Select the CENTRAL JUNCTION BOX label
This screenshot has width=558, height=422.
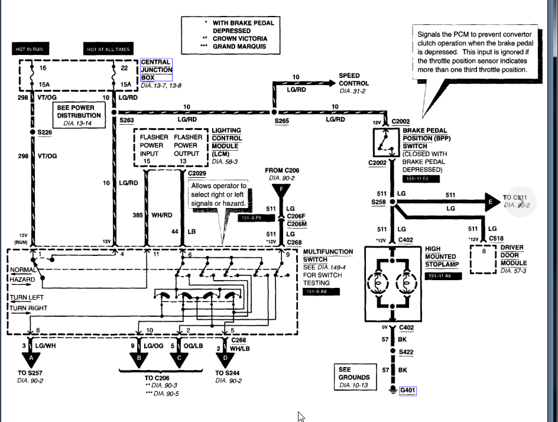(x=156, y=70)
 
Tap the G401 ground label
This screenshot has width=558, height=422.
(x=408, y=391)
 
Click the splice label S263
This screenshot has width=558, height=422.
(x=127, y=120)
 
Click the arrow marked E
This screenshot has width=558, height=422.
(x=489, y=202)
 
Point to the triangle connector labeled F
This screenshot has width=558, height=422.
(x=281, y=190)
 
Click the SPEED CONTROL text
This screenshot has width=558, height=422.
(x=353, y=80)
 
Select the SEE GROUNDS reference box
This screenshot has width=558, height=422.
(x=354, y=377)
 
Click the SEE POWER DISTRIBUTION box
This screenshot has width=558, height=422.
(x=79, y=115)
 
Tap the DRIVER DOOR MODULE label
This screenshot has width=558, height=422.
(x=512, y=255)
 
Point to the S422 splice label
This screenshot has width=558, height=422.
(x=407, y=352)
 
